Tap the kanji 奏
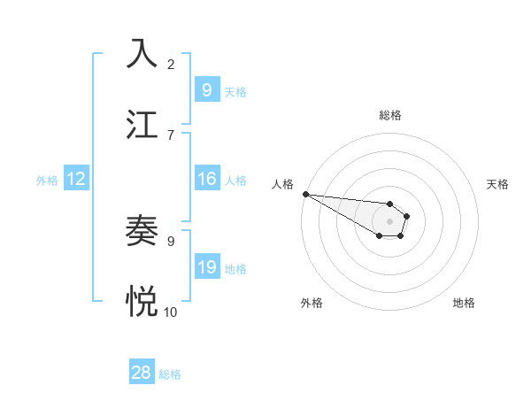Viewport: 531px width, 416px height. coord(142,231)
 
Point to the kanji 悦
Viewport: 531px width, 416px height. coord(142,302)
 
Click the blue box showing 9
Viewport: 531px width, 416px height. coord(206,90)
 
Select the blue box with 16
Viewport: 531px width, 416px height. coord(206,179)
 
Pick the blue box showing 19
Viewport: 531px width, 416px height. coord(206,267)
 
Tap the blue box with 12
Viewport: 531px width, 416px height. coord(76,179)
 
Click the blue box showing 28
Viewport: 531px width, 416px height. coord(142,373)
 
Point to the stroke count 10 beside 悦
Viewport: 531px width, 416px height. coord(171,312)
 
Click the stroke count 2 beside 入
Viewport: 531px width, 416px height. coord(171,64)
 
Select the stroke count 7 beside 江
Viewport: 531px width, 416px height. coord(171,135)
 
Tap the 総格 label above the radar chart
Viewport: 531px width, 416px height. coord(390,115)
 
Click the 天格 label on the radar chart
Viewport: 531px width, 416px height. coord(498,184)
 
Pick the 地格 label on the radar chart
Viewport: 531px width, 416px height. coord(464,303)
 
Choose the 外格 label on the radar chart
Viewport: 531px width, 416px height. coord(312,303)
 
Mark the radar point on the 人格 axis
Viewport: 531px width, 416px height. coord(305,194)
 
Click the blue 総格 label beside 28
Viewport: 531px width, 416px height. coord(170,374)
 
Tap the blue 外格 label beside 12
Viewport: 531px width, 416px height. coord(47,181)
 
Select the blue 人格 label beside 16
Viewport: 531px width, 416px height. coord(235,181)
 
